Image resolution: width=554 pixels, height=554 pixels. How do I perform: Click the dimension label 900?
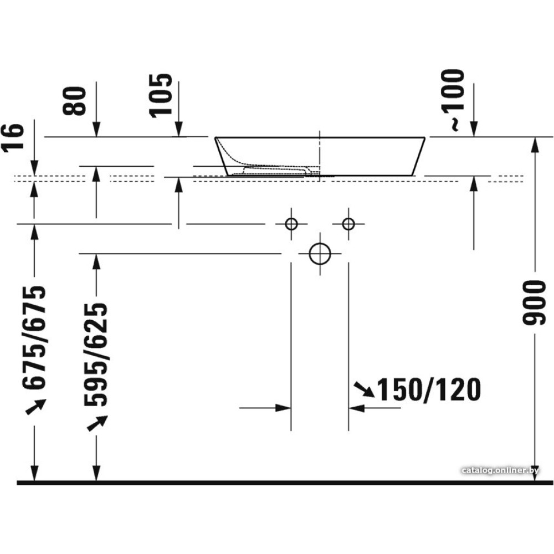pyautogui.click(x=535, y=302)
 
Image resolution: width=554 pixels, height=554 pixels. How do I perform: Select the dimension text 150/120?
pyautogui.click(x=428, y=390)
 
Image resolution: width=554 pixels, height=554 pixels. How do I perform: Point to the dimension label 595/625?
pyautogui.click(x=96, y=355)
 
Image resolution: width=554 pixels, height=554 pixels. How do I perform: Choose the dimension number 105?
pyautogui.click(x=161, y=95)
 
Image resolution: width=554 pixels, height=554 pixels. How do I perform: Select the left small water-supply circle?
pyautogui.click(x=291, y=224)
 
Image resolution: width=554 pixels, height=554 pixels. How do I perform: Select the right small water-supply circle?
pyautogui.click(x=348, y=224)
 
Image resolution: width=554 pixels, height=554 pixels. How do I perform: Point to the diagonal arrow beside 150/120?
pyautogui.click(x=363, y=389)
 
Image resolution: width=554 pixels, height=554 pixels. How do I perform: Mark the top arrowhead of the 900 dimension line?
pyautogui.click(x=535, y=143)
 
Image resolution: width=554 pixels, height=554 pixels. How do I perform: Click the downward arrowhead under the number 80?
pyautogui.click(x=96, y=130)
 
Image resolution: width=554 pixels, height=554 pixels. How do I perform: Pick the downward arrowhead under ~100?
pyautogui.click(x=474, y=130)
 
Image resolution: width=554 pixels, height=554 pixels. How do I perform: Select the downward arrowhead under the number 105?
pyautogui.click(x=178, y=130)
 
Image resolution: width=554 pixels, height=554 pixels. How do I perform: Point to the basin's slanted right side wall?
pyautogui.click(x=419, y=156)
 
